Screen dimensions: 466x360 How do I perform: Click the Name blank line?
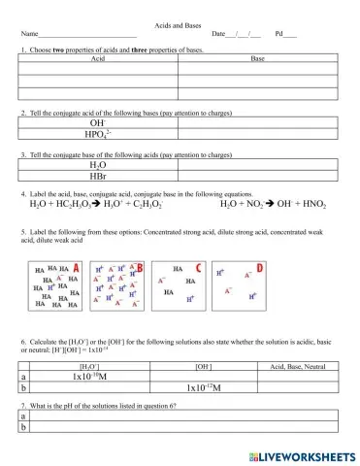click(x=87, y=36)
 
